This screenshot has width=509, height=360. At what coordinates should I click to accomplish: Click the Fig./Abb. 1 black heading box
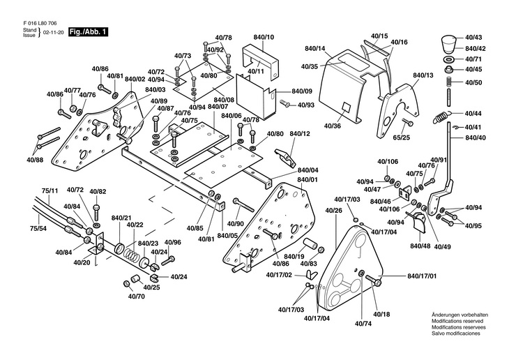click(x=87, y=32)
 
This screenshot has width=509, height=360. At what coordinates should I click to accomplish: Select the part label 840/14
click(x=315, y=48)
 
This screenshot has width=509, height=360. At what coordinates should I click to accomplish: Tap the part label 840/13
click(x=423, y=75)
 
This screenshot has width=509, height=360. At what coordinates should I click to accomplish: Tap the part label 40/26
click(x=334, y=210)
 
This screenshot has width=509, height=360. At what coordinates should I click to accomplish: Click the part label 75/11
click(x=50, y=190)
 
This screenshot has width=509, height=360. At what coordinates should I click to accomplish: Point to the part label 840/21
click(x=121, y=218)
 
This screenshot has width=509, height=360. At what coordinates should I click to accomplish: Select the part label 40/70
click(x=136, y=296)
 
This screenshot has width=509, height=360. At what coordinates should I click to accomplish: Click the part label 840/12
click(x=299, y=134)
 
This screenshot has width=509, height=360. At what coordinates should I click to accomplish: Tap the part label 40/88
click(x=35, y=160)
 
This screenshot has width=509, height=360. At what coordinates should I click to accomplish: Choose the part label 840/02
click(x=135, y=80)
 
